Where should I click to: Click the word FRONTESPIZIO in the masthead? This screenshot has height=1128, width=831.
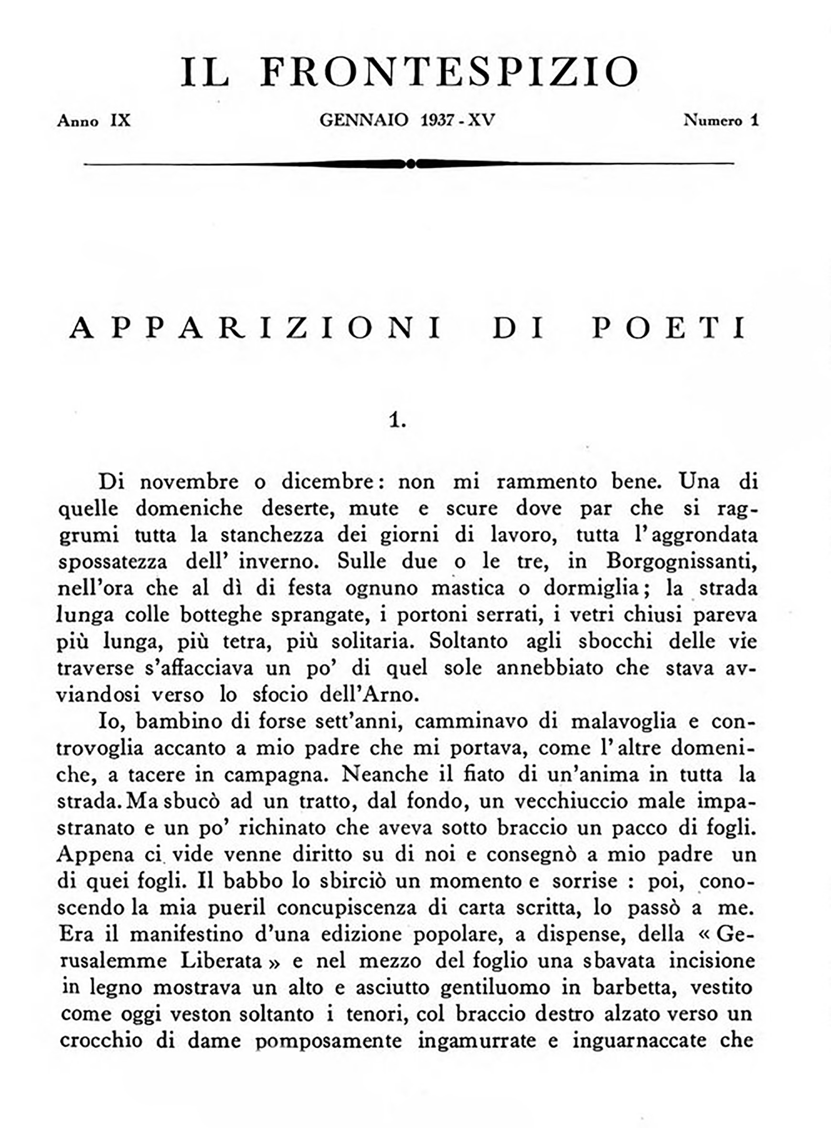coord(449,72)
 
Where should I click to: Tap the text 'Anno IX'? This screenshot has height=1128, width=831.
coord(94,121)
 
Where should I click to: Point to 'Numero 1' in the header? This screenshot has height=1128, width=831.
coord(721,121)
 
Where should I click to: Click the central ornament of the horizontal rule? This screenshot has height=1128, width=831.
coord(410,163)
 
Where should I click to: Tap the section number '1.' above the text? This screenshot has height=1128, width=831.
coord(397,420)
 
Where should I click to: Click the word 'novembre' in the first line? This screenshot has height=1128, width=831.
coord(189,482)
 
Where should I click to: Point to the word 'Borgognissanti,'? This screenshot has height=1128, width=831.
coord(682,561)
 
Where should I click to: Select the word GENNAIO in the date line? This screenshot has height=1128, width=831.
coord(364,121)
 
